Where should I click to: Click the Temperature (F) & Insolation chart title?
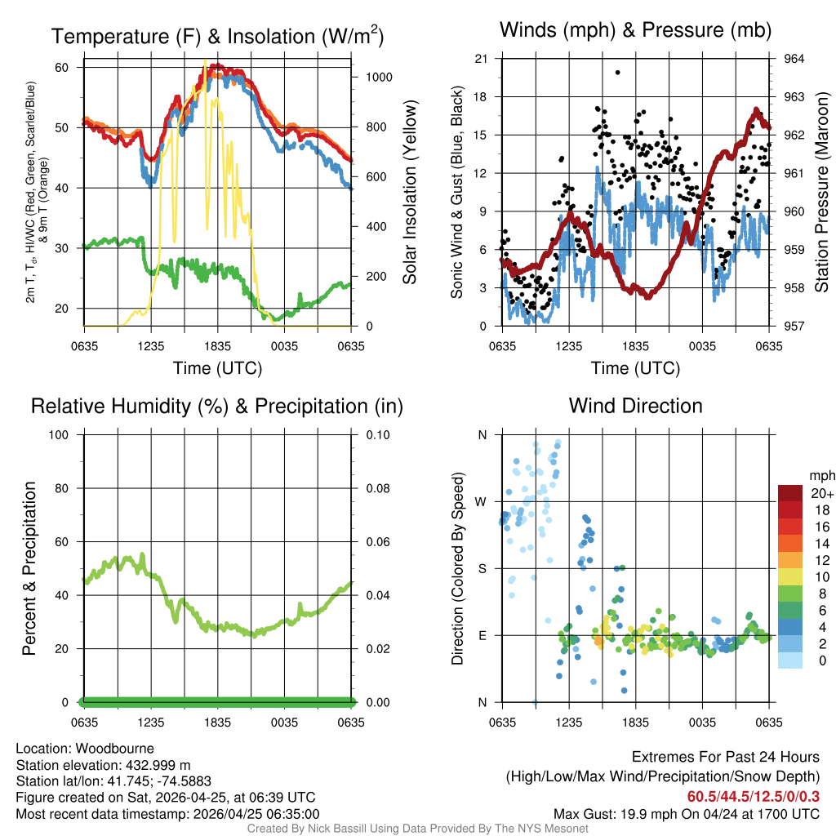217,36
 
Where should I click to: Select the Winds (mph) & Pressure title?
635,30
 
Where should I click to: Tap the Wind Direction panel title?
635,406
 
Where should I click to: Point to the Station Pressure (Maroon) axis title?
822,193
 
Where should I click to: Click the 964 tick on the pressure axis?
794,59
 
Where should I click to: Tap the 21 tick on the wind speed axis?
481,59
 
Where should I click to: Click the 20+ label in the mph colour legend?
817,494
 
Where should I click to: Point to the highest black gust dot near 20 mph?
618,72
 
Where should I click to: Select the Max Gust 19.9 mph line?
686,813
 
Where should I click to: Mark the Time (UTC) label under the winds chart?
636,368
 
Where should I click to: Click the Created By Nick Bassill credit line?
417,829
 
